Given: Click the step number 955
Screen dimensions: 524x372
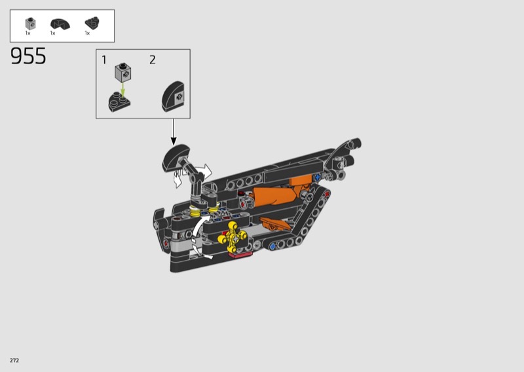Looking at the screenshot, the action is (28, 56).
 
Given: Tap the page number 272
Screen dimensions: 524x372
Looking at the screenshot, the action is (14, 360).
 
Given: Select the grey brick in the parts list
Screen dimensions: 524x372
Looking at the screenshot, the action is (30, 24).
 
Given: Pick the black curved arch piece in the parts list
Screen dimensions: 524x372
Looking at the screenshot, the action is (60, 24).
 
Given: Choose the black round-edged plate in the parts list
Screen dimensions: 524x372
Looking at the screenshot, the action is (92, 23).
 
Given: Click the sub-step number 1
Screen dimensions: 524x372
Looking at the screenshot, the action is (104, 60).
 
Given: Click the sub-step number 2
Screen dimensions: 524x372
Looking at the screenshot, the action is (153, 60).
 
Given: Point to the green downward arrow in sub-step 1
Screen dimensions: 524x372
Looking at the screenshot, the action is (123, 90).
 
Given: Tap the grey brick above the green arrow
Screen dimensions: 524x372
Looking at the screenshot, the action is (123, 72).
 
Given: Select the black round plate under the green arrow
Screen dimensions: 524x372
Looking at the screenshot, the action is (119, 102).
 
